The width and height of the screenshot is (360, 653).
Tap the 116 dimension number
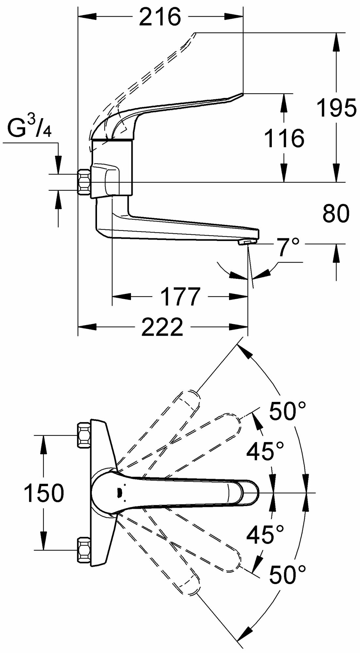coord(284,138)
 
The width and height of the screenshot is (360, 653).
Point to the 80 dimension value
coord(336,214)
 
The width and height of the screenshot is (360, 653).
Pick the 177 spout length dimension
coord(181,297)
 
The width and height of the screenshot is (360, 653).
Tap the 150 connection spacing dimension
coord(44,493)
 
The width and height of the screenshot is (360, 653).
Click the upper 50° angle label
coord(287,410)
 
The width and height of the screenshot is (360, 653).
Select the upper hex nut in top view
coord(84,435)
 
